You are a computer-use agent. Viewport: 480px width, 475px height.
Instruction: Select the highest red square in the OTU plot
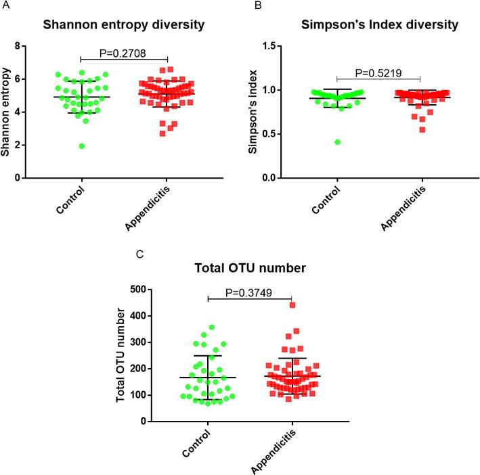292,305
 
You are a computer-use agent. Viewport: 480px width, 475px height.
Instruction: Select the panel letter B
259,5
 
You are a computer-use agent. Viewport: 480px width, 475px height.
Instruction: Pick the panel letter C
139,254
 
